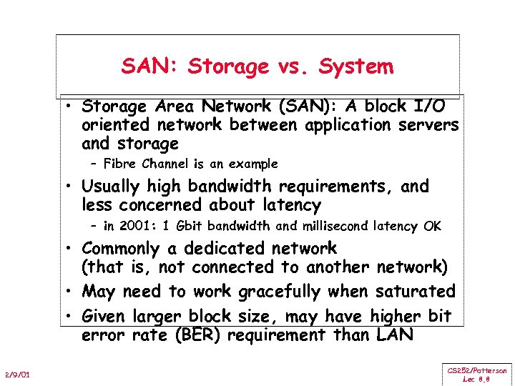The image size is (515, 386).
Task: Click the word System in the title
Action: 356,66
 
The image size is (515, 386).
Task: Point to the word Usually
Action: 112,187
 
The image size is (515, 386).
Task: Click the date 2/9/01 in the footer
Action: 17,375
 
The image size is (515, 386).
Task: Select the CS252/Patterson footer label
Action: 477,371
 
